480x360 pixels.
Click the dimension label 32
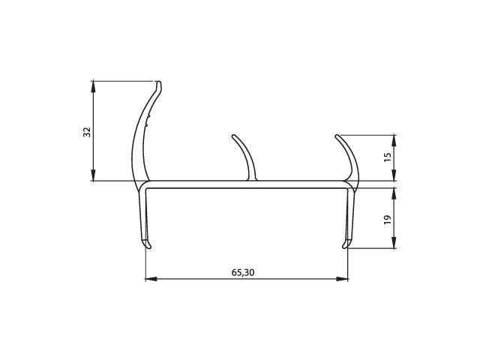[87, 132]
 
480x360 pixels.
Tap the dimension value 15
[388, 157]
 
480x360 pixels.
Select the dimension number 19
[388, 220]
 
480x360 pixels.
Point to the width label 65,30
[243, 272]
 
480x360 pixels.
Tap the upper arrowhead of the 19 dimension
[394, 193]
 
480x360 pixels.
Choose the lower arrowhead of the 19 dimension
[394, 242]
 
